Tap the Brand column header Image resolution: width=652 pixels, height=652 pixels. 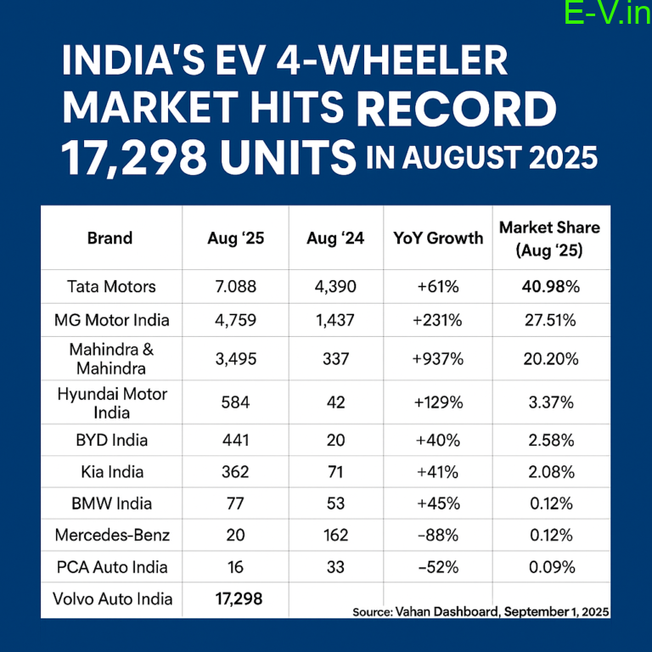tap(110, 239)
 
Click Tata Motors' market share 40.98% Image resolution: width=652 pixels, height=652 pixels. tap(549, 287)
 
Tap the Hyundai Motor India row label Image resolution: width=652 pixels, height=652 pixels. tap(112, 402)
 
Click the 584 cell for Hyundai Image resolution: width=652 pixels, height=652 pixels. tap(235, 402)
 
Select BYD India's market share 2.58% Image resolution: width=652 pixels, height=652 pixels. tap(549, 441)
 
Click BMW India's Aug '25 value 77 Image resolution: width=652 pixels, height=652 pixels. tap(235, 504)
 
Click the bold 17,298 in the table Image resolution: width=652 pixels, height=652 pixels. tap(235, 599)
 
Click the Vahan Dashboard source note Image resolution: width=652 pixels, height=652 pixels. tap(481, 611)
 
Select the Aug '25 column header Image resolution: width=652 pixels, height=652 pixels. tap(235, 239)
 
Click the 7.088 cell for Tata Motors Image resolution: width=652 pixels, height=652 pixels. tap(235, 287)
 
